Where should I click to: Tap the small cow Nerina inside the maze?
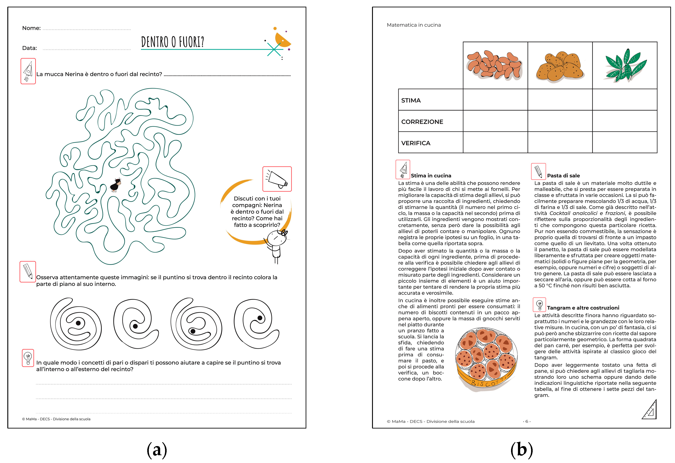[116, 185]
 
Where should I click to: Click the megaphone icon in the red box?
[277, 179]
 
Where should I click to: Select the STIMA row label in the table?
[411, 100]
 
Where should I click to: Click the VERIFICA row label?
[416, 143]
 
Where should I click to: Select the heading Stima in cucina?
[431, 176]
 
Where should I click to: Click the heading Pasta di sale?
[563, 176]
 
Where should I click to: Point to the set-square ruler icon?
[650, 410]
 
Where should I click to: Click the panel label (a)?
[157, 449]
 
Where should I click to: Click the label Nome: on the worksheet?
[31, 28]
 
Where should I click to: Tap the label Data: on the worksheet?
[30, 48]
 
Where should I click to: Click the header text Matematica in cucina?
[414, 25]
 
